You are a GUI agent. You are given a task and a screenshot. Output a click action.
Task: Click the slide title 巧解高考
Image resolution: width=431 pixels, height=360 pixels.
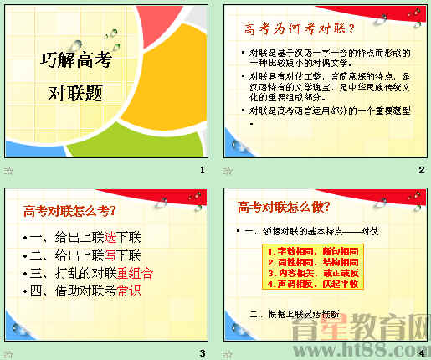76,59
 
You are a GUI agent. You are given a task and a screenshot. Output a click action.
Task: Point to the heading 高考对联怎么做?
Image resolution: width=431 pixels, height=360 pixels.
284,207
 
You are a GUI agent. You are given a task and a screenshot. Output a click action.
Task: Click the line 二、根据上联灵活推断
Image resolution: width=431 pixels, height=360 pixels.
294,314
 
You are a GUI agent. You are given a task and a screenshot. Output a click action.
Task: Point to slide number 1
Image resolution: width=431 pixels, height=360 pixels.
202,171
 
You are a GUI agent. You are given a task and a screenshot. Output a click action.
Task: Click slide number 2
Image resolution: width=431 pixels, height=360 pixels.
422,171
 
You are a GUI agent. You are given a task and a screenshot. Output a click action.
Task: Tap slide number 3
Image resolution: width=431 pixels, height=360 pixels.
202,352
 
